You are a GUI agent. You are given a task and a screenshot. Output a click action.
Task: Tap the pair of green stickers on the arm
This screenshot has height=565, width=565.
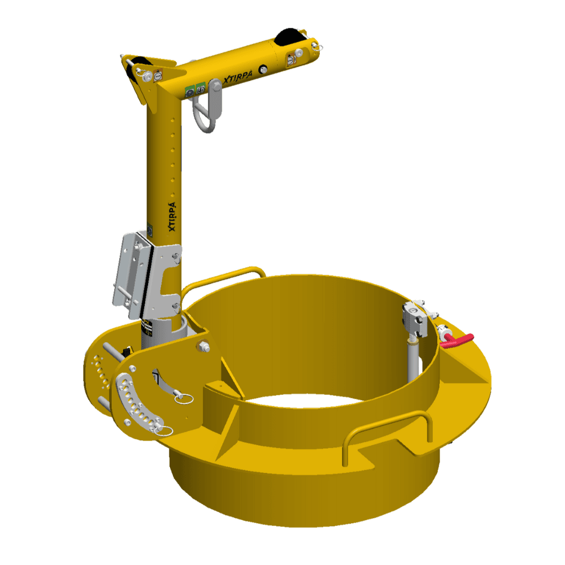tap(195, 89)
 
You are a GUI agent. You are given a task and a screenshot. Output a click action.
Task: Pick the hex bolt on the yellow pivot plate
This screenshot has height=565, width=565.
tap(202, 346)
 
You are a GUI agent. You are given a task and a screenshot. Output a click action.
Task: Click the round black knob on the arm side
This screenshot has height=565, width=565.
tap(263, 69)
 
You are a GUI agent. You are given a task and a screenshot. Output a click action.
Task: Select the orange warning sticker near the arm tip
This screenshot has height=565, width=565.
tap(292, 58)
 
